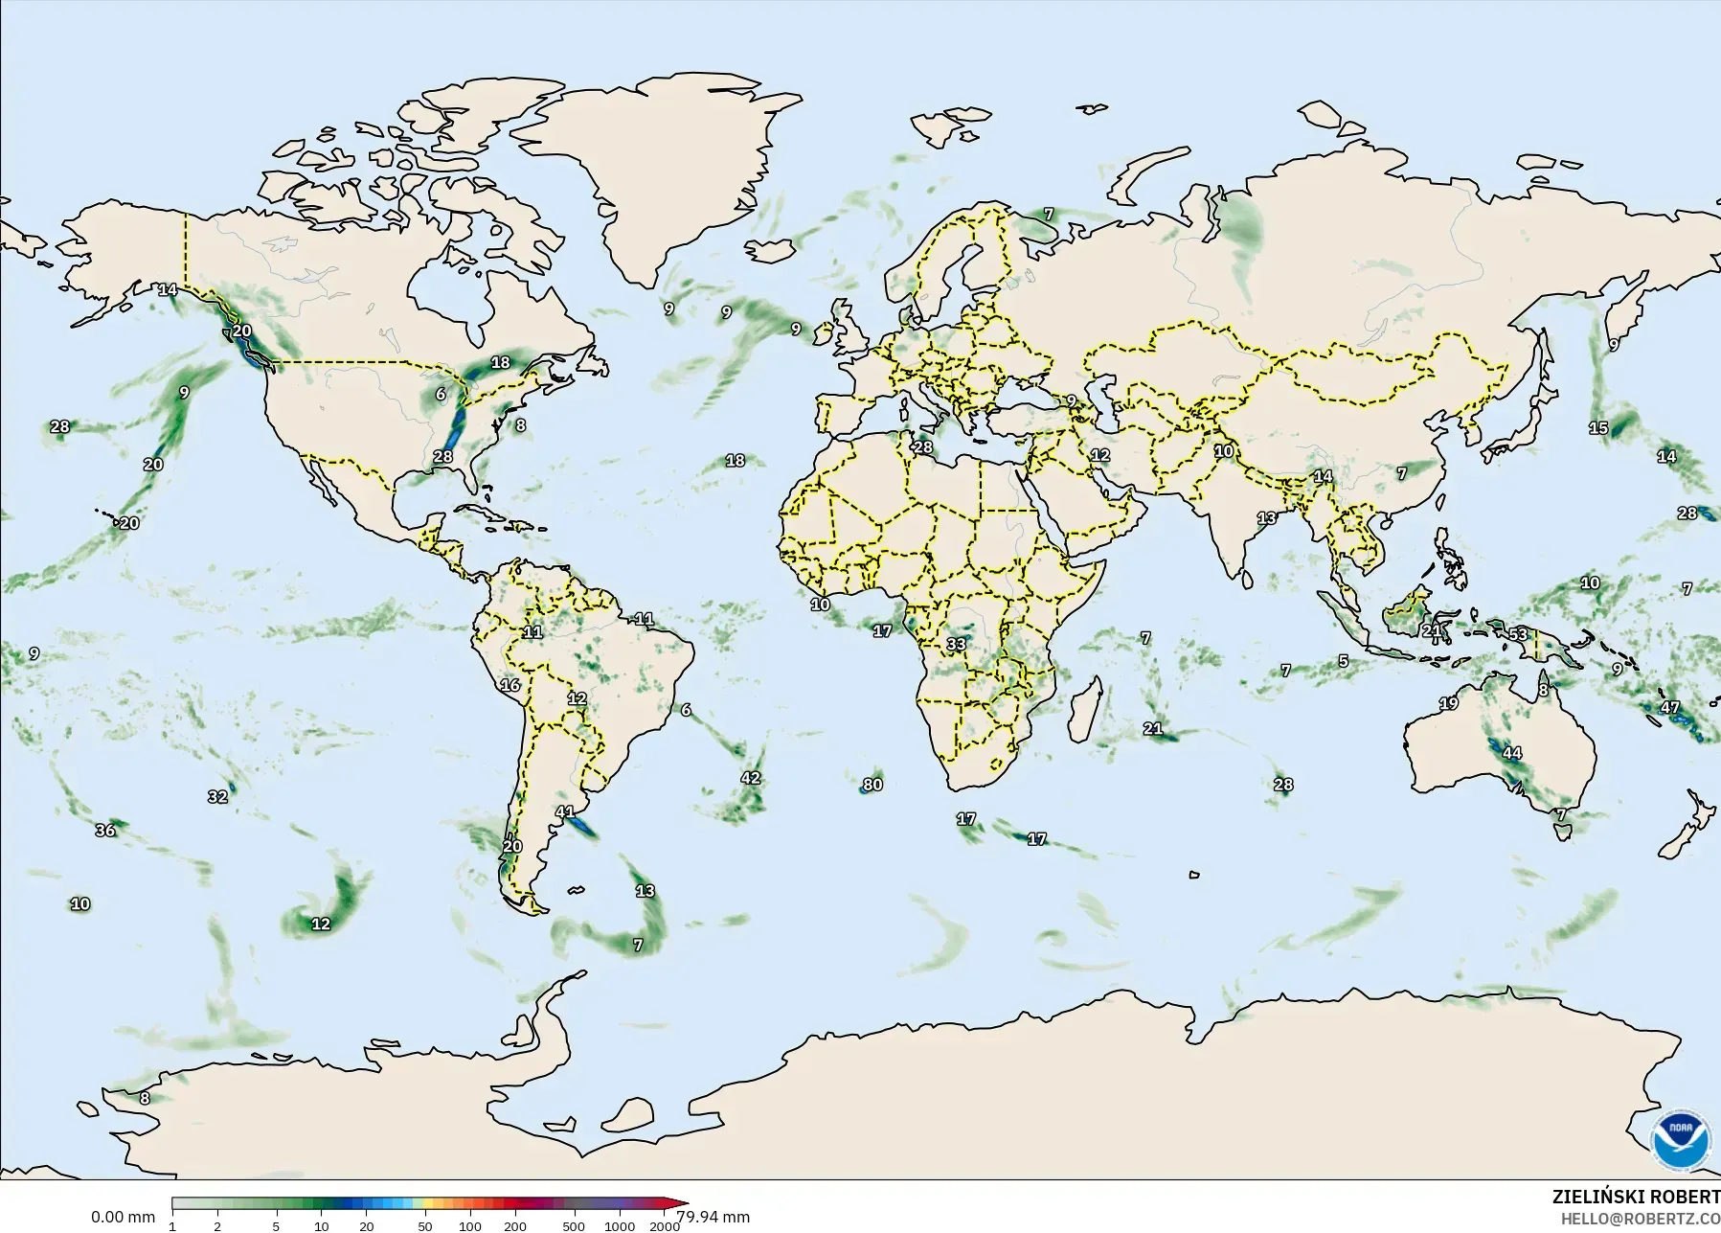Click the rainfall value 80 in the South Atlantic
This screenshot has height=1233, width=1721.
[x=872, y=785]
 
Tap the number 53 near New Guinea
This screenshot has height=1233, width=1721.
[x=1519, y=634]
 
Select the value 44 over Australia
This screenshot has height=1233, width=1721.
[x=1511, y=753]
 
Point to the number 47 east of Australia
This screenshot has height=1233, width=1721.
[x=1670, y=708]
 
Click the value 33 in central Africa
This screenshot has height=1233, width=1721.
[x=956, y=644]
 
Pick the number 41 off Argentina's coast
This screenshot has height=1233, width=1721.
[x=565, y=811]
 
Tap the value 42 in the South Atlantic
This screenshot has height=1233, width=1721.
[x=751, y=778]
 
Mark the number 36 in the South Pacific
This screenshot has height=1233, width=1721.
[x=105, y=830]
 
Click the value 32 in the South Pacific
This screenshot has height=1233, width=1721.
[x=217, y=796]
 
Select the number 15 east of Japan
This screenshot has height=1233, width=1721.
[x=1598, y=428]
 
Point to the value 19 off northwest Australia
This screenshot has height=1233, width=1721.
[x=1448, y=703]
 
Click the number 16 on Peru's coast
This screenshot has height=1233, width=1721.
[x=510, y=685]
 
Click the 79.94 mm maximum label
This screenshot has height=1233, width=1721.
[x=713, y=1218]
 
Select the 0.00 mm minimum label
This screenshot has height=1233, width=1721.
[x=123, y=1218]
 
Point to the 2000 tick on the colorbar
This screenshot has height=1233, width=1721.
[x=665, y=1226]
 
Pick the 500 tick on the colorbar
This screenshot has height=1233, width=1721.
[x=573, y=1226]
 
